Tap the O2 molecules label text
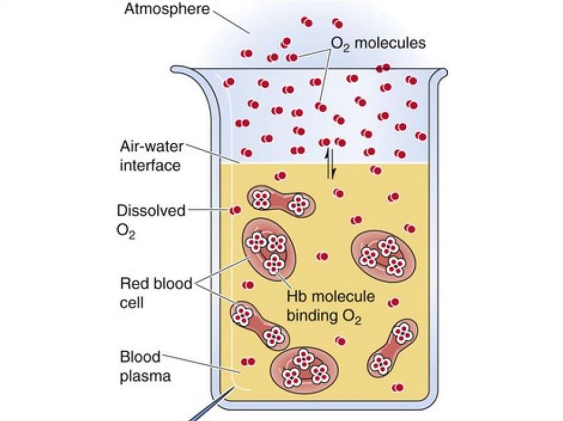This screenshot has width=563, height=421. pyautogui.click(x=378, y=43)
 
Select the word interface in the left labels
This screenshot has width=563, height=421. pyautogui.click(x=150, y=165)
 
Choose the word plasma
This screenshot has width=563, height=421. pyautogui.click(x=146, y=377)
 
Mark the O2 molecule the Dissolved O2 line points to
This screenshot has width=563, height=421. pyautogui.click(x=235, y=210)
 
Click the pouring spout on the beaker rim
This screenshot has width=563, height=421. pyautogui.click(x=184, y=71)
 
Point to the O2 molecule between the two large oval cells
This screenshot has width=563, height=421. pyautogui.click(x=323, y=256)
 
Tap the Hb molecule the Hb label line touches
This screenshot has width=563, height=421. pyautogui.click(x=274, y=265)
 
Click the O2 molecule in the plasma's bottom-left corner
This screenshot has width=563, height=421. pyautogui.click(x=249, y=362)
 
